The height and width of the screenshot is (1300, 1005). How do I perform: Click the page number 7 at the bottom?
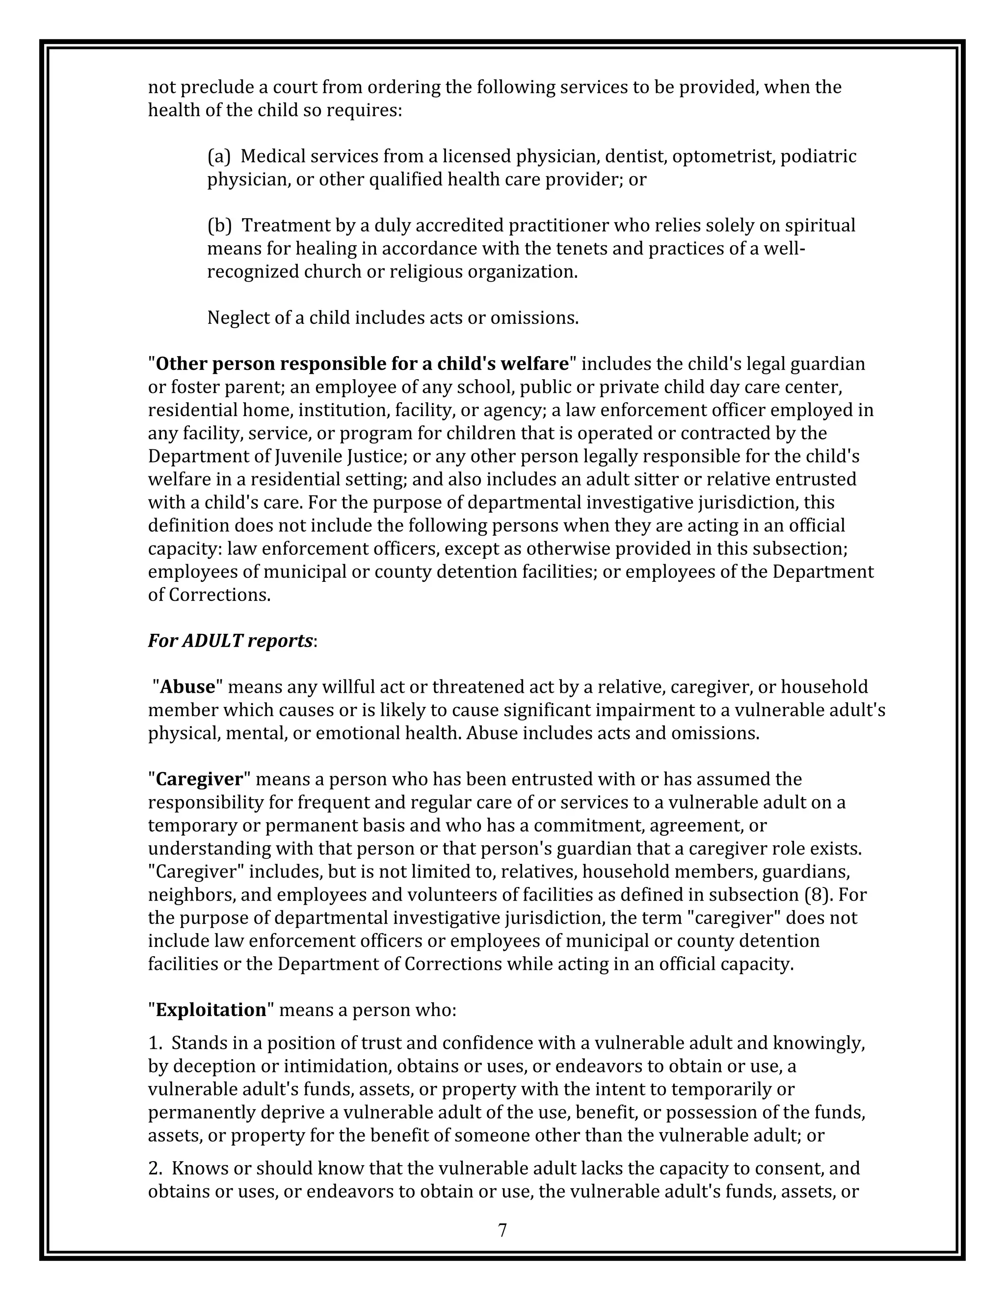click(x=502, y=1230)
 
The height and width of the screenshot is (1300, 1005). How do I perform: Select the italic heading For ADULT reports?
click(x=231, y=641)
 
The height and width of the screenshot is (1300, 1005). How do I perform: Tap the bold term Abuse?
click(x=187, y=687)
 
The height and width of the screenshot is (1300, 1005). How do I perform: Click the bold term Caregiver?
click(x=199, y=779)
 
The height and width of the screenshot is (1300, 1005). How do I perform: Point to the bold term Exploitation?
click(x=211, y=1010)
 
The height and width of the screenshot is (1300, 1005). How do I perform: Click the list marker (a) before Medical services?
click(x=218, y=156)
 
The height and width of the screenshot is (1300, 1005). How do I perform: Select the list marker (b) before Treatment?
click(x=219, y=226)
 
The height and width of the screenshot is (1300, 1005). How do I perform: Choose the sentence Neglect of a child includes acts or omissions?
click(x=393, y=318)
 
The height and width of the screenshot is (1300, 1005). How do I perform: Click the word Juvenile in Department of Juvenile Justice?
click(x=310, y=457)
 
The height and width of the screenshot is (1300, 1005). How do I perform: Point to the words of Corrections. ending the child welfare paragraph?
click(x=209, y=595)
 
